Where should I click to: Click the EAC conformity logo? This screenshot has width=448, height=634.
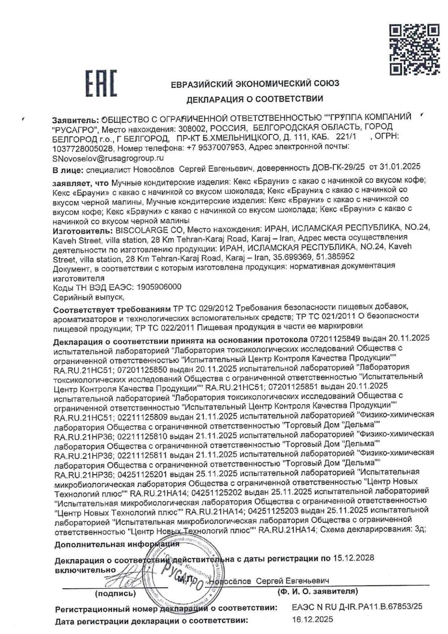click(102, 83)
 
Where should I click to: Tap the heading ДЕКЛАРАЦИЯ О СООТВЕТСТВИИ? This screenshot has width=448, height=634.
click(255, 98)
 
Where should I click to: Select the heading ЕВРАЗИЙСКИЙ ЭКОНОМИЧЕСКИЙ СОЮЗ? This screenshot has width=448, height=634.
click(255, 83)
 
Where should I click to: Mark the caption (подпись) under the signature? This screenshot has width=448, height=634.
click(116, 594)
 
